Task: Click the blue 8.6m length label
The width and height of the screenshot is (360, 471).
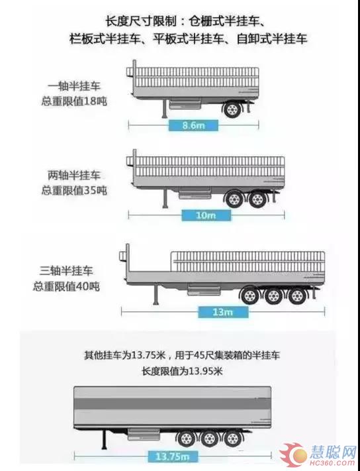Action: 193,125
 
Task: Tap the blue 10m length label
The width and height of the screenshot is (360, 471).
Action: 206,215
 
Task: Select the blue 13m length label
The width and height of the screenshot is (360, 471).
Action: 223,312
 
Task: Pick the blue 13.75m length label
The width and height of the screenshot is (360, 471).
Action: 173,457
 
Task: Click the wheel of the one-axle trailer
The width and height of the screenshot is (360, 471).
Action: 232,109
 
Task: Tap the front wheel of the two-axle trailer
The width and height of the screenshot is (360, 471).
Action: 234,199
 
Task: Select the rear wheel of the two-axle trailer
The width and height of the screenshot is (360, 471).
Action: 257,199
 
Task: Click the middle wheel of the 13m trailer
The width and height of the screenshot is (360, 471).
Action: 273,296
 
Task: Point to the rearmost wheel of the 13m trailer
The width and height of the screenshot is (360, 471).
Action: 296,296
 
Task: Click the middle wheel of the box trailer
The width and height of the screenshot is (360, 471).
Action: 209,439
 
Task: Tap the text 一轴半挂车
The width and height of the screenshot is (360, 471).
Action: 74,87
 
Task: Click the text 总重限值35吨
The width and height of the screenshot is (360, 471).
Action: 74,190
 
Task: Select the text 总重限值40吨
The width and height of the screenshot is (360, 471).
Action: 66,286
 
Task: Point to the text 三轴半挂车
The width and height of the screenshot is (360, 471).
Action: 66,271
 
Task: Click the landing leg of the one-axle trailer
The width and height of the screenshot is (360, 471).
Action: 164,109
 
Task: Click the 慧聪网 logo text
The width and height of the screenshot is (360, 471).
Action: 332,452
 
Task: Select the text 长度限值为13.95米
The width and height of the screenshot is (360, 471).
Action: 183,371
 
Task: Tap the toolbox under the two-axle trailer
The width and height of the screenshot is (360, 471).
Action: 195,193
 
